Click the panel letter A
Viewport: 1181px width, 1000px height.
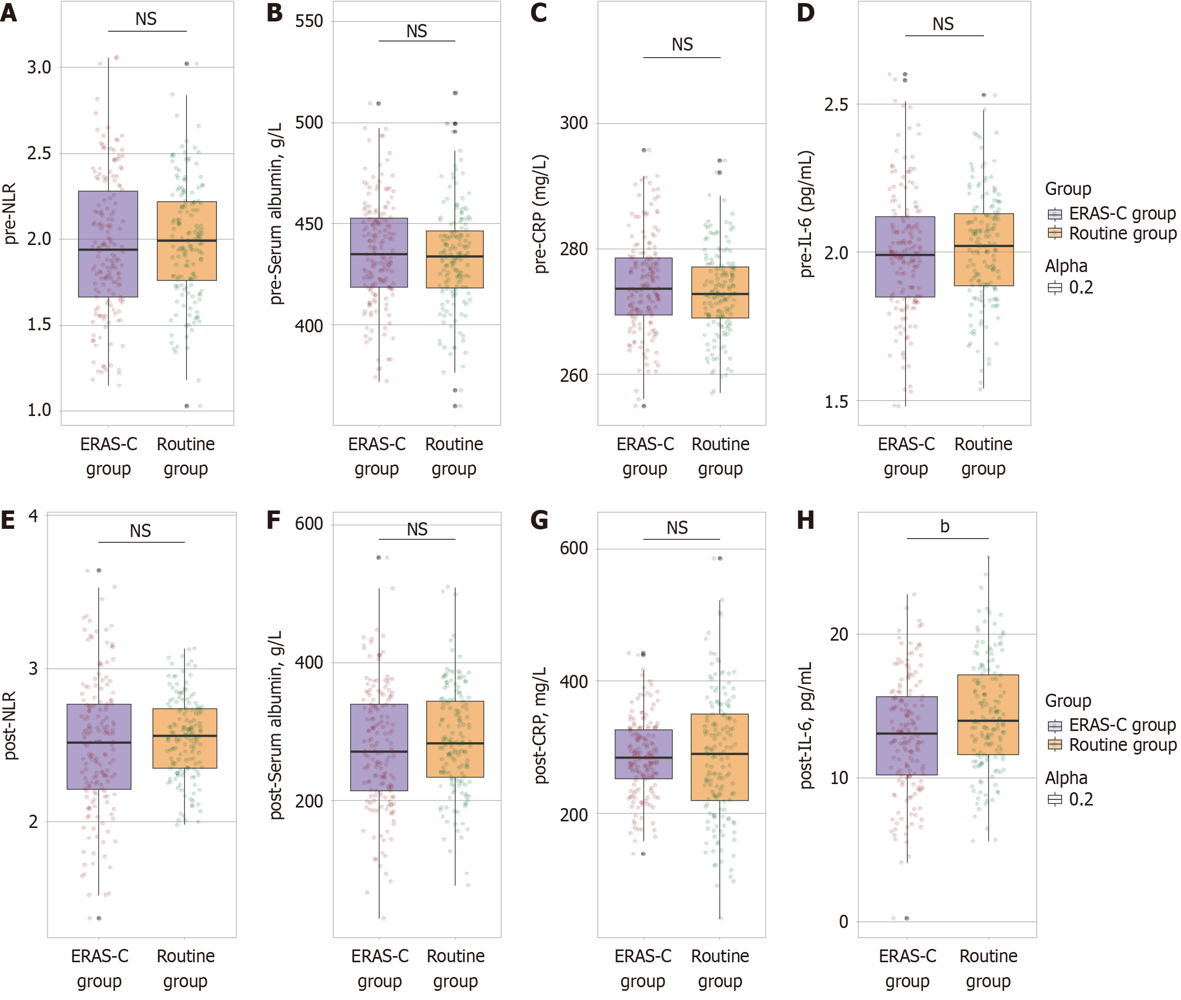point(9,12)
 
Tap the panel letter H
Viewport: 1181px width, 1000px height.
point(805,520)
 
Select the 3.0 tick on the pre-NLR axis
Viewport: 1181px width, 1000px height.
point(39,67)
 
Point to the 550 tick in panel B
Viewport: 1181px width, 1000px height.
point(309,21)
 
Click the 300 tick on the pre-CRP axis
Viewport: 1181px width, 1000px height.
point(574,123)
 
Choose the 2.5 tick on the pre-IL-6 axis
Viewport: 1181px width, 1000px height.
point(836,104)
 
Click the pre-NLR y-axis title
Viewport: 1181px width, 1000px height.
point(10,214)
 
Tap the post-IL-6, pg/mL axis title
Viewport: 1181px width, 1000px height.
point(806,725)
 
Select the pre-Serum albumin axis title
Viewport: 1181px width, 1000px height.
point(276,214)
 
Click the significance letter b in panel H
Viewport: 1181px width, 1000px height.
point(945,527)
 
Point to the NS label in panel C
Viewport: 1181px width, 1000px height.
point(682,45)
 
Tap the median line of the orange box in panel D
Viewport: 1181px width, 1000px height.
point(984,246)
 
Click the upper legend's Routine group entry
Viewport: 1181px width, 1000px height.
point(1122,234)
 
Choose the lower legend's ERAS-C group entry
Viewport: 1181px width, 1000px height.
point(1122,725)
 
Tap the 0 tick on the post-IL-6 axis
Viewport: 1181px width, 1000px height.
point(844,922)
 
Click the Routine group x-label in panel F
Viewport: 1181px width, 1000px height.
point(455,969)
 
